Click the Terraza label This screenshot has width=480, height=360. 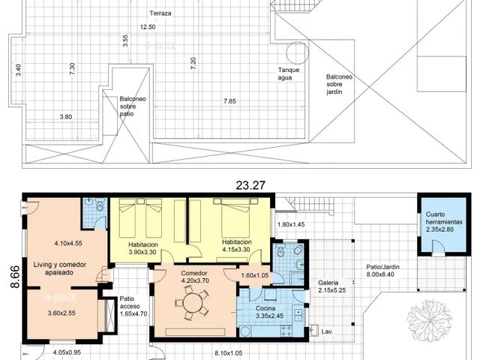(x=160, y=13)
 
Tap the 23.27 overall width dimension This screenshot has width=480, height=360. (x=250, y=185)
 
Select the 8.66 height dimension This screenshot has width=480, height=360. (x=15, y=277)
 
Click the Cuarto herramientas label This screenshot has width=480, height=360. (x=444, y=218)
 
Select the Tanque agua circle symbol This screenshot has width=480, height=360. (x=297, y=52)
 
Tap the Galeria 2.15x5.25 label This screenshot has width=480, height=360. (x=331, y=286)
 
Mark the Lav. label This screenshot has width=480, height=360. (x=327, y=331)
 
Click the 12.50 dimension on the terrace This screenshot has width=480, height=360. (x=148, y=27)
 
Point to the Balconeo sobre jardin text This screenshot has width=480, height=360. (x=339, y=84)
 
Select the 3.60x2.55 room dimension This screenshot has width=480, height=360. (x=61, y=313)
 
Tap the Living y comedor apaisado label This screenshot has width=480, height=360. (x=60, y=268)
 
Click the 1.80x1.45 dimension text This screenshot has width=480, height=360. (x=291, y=224)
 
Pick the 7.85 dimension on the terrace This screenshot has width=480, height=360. (x=229, y=101)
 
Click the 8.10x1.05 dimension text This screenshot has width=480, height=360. (x=228, y=353)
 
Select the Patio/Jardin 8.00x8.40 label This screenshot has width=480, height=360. (x=382, y=271)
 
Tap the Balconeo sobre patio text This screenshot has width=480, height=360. (x=133, y=106)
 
